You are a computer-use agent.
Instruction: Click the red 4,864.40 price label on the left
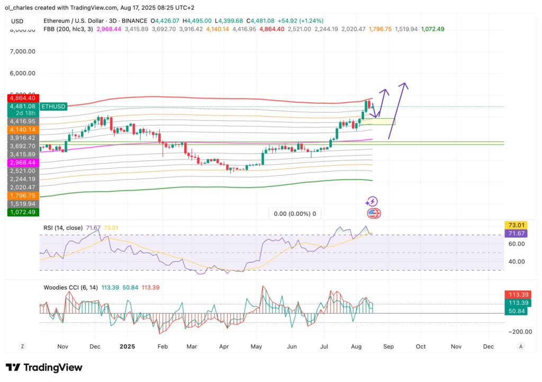tap(22, 98)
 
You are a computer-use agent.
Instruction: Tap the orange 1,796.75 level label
tap(22, 195)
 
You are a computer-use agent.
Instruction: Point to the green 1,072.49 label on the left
tap(22, 212)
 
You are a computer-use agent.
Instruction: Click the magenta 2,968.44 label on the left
tap(22, 163)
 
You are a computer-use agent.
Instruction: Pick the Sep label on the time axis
tap(388, 346)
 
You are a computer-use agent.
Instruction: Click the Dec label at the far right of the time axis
tap(489, 346)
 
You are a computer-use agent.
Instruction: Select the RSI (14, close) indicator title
tap(63, 228)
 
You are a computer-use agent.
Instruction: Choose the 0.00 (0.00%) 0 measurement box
tap(295, 214)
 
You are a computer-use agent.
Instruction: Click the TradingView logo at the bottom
tap(44, 368)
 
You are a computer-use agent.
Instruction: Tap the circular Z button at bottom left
tap(23, 346)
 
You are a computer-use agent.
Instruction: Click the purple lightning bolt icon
tap(372, 201)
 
